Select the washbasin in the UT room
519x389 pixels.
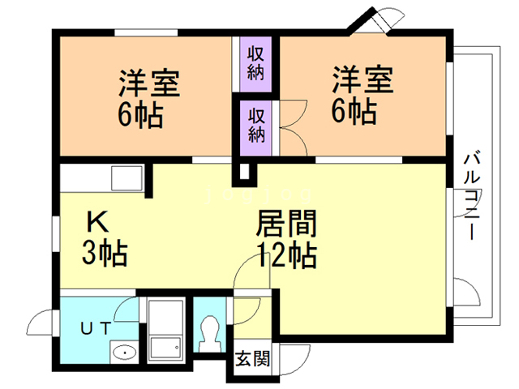click(x=124, y=352)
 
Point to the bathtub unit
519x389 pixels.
click(x=166, y=328)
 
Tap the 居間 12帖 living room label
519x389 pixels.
click(x=285, y=239)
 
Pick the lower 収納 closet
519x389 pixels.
click(x=255, y=124)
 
